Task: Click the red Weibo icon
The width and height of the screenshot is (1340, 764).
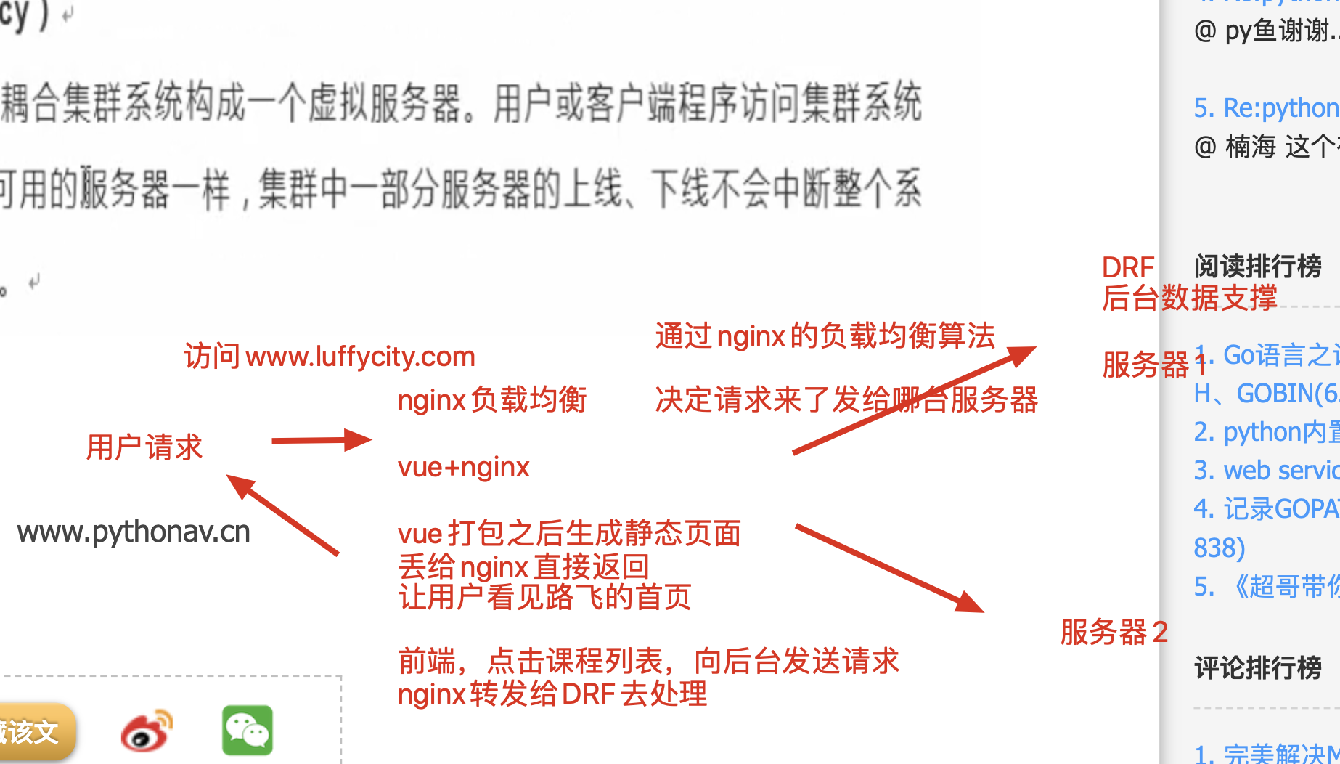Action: [x=147, y=731]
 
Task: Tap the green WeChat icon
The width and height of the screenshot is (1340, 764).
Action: [x=247, y=730]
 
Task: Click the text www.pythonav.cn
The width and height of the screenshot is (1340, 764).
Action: [x=134, y=532]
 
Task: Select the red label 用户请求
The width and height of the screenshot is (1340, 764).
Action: [x=144, y=447]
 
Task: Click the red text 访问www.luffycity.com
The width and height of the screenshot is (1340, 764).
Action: [x=330, y=357]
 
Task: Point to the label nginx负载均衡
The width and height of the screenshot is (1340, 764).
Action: [x=491, y=400]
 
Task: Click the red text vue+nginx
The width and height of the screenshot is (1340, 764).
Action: [x=463, y=467]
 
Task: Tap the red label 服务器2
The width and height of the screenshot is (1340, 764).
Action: [x=1114, y=633]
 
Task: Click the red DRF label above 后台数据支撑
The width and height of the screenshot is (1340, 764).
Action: [x=1127, y=268]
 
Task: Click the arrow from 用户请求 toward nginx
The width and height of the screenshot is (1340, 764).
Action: [x=321, y=440]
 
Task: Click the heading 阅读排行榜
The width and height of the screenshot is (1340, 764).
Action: [x=1257, y=267]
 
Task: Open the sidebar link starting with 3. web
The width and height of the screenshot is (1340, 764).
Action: [x=1266, y=471]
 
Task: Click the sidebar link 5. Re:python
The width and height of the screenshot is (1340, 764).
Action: [x=1266, y=108]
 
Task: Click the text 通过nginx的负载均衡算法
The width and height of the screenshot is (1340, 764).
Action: [x=825, y=336]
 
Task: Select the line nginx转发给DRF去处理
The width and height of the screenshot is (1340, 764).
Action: [x=552, y=694]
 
